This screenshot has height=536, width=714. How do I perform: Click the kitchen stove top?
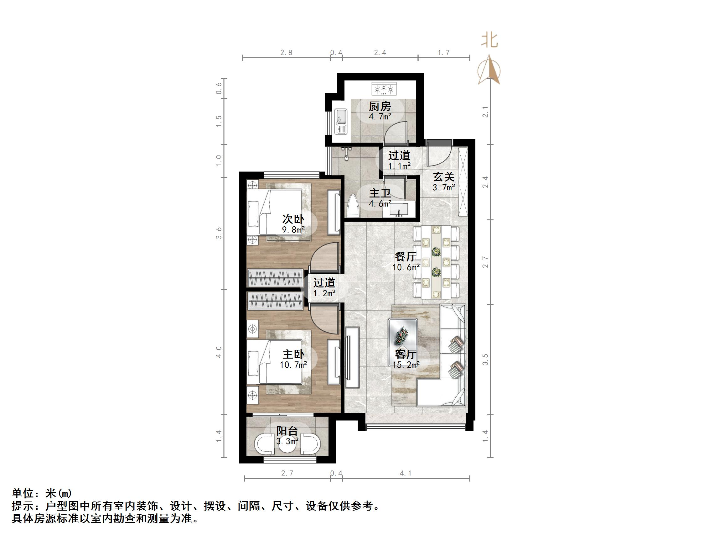tap(384, 88)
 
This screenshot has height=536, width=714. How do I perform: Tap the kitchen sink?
tap(341, 121)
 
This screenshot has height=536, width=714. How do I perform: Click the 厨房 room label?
tap(380, 106)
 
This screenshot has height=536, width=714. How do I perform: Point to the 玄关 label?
tap(444, 177)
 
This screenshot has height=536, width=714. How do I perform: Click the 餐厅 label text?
tap(406, 257)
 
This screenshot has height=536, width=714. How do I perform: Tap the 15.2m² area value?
tap(406, 365)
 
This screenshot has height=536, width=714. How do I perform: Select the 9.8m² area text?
tap(293, 230)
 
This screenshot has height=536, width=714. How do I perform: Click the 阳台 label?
tap(287, 431)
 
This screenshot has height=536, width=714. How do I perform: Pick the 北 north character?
tap(489, 41)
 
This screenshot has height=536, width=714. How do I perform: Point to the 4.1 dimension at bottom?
tap(406, 473)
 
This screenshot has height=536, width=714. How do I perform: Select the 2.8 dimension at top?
tap(286, 53)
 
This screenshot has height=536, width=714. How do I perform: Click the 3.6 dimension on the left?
tap(219, 233)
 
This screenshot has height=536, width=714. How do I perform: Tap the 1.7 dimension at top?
tap(443, 53)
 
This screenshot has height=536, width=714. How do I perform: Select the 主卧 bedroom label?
tap(293, 355)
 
